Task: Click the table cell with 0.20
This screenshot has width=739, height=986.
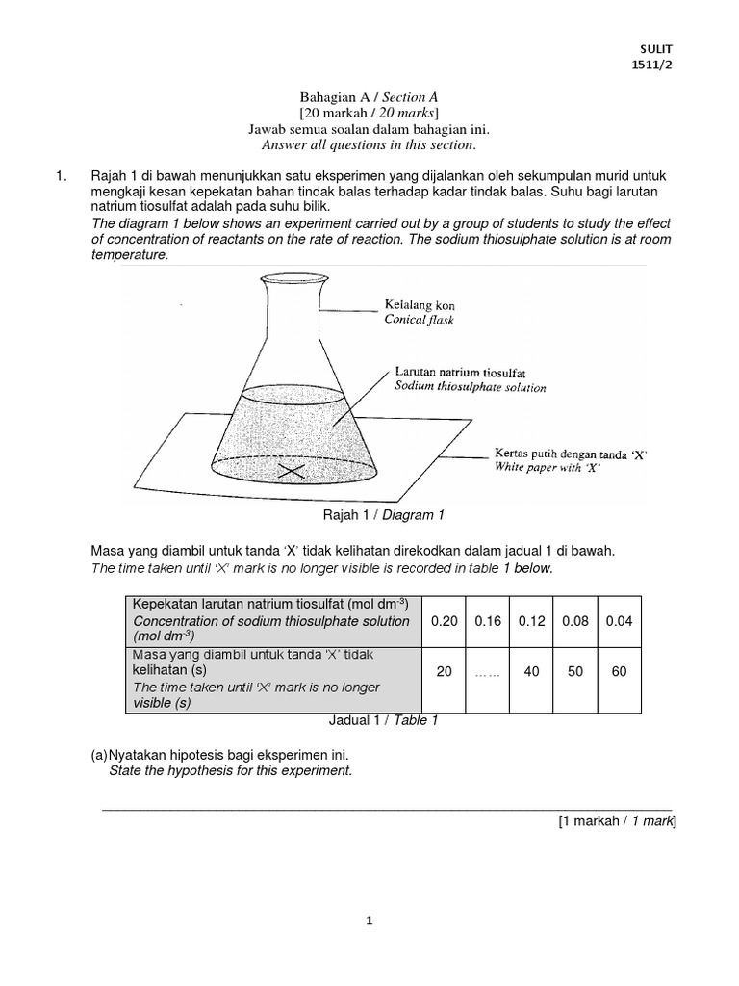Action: [444, 621]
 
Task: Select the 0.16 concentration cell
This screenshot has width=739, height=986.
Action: [488, 621]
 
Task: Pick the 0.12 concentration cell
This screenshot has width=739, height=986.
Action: [531, 621]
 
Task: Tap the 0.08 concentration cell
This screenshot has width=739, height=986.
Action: [575, 621]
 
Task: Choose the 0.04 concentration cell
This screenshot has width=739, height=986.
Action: [619, 621]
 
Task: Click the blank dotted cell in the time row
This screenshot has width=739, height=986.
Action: [488, 672]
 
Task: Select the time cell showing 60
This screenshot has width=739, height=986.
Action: [619, 671]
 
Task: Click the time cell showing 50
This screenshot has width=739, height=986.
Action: [575, 671]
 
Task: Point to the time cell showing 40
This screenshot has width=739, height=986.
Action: [531, 671]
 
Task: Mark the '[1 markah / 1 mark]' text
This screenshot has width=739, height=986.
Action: [617, 820]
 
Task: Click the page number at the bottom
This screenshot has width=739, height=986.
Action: [369, 921]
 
